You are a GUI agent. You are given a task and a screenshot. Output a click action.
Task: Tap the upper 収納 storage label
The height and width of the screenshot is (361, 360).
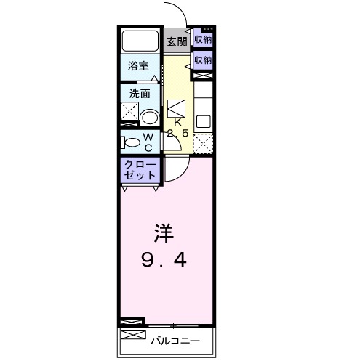[x=203, y=39]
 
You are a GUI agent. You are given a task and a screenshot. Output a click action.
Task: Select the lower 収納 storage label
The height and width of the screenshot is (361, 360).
[x=203, y=60]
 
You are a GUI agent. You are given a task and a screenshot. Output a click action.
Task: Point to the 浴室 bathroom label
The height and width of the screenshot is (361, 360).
[x=138, y=65]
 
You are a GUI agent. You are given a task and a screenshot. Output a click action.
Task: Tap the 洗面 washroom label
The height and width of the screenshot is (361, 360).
[x=140, y=93]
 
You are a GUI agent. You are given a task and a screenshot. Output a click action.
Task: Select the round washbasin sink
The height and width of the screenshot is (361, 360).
[x=151, y=117]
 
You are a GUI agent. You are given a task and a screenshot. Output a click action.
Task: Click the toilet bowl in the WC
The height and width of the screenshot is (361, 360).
[x=131, y=142]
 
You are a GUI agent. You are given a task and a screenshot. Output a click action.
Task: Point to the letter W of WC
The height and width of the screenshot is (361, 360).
[x=148, y=137]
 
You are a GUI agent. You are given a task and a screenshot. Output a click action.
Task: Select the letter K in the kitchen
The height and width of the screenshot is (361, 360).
[x=177, y=122]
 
